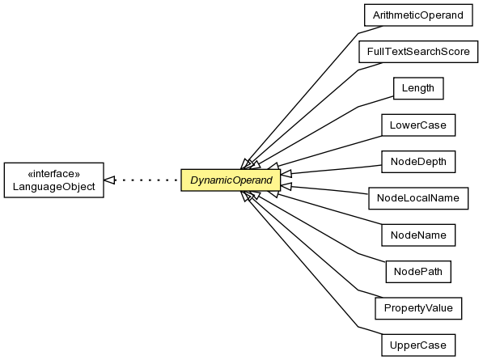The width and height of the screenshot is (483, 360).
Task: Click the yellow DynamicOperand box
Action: (x=231, y=180)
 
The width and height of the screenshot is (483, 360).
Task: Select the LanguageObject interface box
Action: (x=54, y=180)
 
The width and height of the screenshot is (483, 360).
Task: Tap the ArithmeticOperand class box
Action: (x=418, y=15)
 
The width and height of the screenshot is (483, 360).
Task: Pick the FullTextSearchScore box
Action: (x=418, y=52)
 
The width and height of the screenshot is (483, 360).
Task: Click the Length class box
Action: (x=418, y=88)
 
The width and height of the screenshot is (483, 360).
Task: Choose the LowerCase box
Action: (x=418, y=125)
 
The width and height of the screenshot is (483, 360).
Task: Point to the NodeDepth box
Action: (x=418, y=162)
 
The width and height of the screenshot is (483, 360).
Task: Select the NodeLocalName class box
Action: (x=418, y=198)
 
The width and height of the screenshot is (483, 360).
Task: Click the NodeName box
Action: (x=418, y=235)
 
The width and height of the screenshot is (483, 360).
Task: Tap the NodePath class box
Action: (x=418, y=272)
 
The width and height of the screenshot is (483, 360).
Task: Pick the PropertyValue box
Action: (x=418, y=308)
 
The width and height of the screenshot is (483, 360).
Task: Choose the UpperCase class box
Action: (x=418, y=345)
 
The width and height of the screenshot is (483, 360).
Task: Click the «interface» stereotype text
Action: (x=54, y=174)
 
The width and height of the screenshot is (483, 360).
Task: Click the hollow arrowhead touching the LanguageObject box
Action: (x=110, y=180)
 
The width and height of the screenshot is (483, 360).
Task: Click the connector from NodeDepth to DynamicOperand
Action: (x=331, y=170)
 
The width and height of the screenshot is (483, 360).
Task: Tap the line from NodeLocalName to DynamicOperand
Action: (x=324, y=189)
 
